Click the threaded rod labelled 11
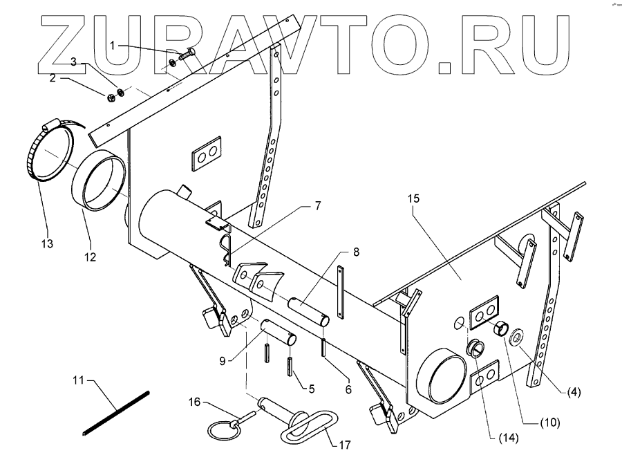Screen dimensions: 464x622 pyautogui.click(x=116, y=414)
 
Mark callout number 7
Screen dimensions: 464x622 pyautogui.click(x=318, y=205)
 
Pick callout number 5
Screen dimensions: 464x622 pyautogui.click(x=311, y=389)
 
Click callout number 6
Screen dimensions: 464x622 pyautogui.click(x=348, y=390)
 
